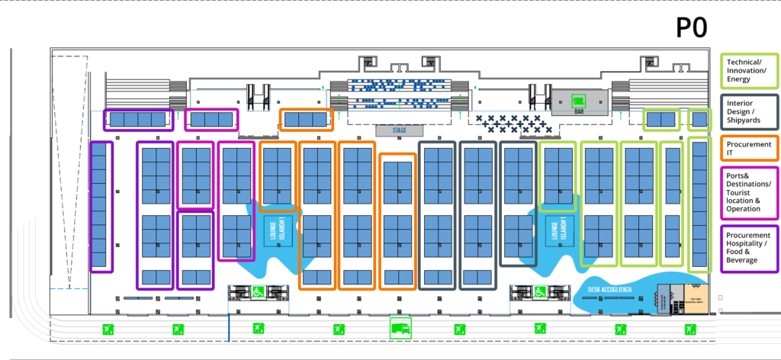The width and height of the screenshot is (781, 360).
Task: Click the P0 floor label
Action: (x=692, y=27)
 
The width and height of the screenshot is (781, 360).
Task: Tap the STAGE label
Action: (x=400, y=130)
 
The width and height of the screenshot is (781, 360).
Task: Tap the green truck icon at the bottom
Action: (x=400, y=328)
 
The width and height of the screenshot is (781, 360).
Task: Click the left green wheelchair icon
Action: (x=259, y=291)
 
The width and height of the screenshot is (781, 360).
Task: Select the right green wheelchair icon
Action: (x=539, y=291)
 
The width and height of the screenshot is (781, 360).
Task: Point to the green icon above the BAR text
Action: (x=579, y=99)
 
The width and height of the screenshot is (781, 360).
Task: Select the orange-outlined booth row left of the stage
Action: (x=306, y=119)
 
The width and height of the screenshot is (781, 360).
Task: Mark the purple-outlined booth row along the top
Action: (x=138, y=119)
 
